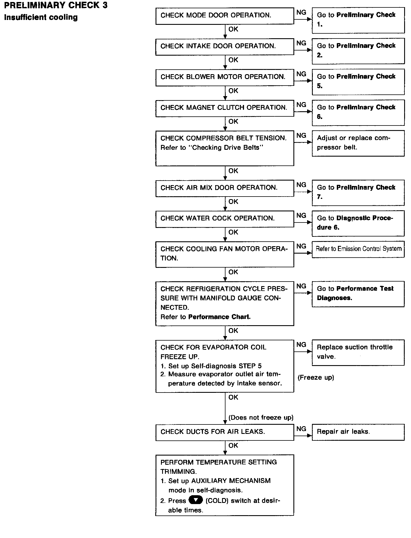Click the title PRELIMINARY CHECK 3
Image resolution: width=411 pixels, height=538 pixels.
point(56,5)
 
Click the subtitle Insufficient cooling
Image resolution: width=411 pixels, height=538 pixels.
point(41,17)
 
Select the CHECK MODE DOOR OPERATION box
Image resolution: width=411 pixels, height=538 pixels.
point(224,16)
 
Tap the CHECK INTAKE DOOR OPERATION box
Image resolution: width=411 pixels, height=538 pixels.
point(224,46)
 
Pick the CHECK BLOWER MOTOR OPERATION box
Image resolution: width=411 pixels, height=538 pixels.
point(224,77)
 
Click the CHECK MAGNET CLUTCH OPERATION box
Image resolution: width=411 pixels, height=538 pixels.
point(224,108)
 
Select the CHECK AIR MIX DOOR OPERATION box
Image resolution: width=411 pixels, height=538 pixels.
point(224,188)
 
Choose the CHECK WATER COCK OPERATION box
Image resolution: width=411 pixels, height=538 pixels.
point(224,219)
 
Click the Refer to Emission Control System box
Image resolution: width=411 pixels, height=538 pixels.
point(358,249)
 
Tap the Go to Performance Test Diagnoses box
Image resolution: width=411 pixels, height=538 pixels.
point(358,294)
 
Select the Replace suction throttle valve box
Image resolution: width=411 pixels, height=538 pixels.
point(358,352)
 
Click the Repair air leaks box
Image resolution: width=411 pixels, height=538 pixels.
point(358,432)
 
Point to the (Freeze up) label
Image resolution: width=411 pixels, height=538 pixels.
point(316,378)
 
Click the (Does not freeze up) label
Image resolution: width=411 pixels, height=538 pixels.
point(261,418)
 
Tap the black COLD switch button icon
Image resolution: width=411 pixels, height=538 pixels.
point(196,500)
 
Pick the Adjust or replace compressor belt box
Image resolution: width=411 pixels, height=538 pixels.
point(358,143)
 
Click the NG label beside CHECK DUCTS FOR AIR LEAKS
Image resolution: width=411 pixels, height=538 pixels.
point(301,429)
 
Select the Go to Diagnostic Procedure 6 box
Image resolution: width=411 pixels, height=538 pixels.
point(358,223)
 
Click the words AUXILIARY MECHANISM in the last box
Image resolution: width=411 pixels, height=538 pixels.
point(231,481)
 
